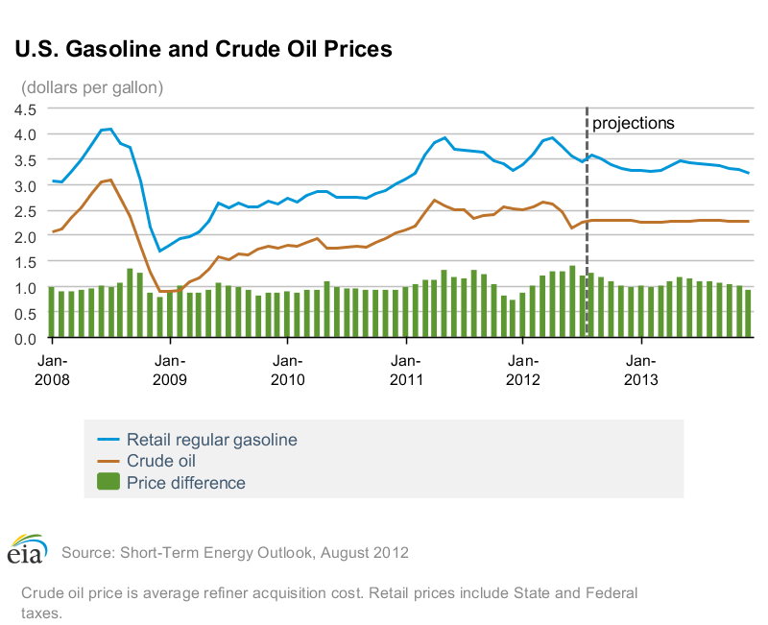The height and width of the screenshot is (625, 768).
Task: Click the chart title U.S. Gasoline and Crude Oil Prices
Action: (202, 49)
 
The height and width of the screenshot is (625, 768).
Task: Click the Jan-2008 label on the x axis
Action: (52, 371)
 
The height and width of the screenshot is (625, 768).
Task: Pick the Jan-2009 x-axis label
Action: (169, 371)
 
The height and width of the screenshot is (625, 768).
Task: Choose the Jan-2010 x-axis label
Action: (287, 371)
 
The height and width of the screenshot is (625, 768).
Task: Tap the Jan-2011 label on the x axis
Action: (405, 371)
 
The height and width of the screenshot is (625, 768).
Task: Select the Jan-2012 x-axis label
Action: (523, 371)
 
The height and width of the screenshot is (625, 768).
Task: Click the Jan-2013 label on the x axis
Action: (641, 371)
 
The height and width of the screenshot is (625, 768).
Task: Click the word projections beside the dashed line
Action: (634, 123)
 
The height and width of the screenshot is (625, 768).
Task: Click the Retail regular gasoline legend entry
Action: (211, 440)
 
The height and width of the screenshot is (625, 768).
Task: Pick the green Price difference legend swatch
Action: (108, 482)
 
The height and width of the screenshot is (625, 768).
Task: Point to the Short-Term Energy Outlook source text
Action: (235, 553)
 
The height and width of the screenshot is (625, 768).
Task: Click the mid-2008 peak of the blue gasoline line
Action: (110, 129)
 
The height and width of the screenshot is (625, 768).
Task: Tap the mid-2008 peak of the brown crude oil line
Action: (111, 180)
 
